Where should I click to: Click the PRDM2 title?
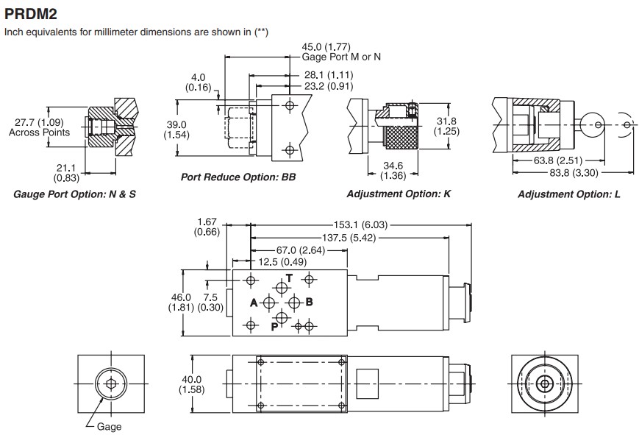tap(31, 14)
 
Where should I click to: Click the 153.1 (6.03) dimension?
tap(360, 224)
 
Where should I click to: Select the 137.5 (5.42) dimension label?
tap(349, 238)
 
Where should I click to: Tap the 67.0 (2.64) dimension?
tap(301, 250)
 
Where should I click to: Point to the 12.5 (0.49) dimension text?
tap(282, 261)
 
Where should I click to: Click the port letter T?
tap(289, 278)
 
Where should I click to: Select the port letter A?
tap(254, 303)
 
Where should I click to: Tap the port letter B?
tap(309, 302)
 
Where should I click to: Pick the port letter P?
tap(275, 327)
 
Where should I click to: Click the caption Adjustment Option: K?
tap(399, 194)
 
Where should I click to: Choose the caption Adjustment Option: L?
tap(569, 194)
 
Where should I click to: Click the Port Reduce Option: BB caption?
tap(238, 177)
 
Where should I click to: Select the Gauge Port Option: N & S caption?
tap(74, 194)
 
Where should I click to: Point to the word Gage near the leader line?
tap(110, 426)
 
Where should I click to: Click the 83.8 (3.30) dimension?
tap(574, 173)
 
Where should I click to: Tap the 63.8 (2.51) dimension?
tap(558, 160)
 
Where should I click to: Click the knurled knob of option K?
tap(401, 138)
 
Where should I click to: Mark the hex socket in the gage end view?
tap(111, 383)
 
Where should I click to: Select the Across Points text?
tap(39, 132)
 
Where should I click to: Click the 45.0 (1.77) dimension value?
tap(326, 47)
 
